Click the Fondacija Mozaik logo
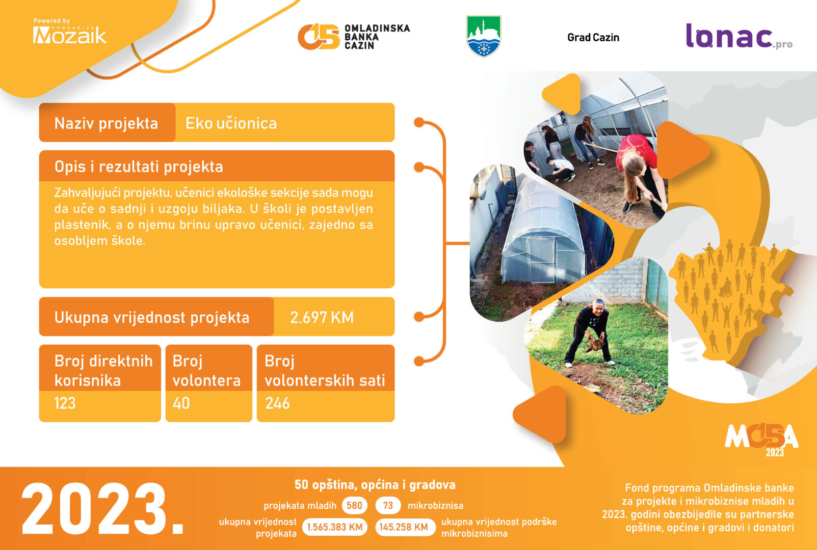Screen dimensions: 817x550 coord(70,32)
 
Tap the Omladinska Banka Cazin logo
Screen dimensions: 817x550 coord(354,37)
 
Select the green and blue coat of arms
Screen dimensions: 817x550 coord(484,36)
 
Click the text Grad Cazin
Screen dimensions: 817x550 coord(593,38)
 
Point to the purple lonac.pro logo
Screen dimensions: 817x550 coord(739,36)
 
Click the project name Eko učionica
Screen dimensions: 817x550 coord(231,124)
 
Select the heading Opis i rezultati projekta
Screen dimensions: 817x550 coord(139,167)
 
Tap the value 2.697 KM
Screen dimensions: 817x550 coord(322,317)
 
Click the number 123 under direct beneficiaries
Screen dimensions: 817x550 coord(65,403)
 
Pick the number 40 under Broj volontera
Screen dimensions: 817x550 coord(181,403)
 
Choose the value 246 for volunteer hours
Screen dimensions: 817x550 coord(277,403)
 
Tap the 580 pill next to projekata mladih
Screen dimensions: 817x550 coord(354,506)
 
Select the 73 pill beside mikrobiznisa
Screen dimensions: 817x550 coord(388,506)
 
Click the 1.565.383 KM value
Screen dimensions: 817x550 coord(334,527)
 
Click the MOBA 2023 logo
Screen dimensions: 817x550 coord(761,440)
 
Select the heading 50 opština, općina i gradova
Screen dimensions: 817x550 coord(375,485)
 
